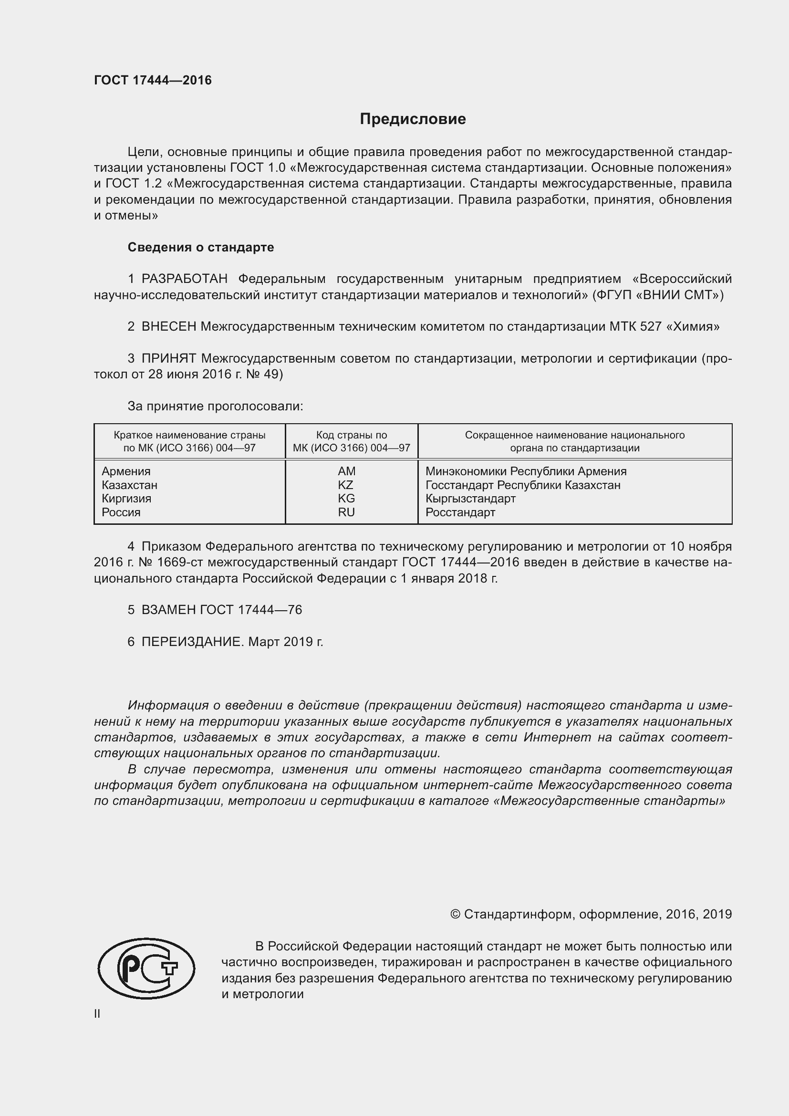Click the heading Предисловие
click(x=413, y=119)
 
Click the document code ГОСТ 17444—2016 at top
click(x=153, y=80)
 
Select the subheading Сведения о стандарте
click(x=201, y=248)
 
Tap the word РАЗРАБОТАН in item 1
click(x=184, y=279)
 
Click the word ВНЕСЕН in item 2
click(x=168, y=327)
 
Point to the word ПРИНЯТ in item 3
click(x=168, y=359)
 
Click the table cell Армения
click(x=126, y=471)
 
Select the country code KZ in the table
click(x=346, y=485)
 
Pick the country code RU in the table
click(x=346, y=512)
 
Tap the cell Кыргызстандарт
click(x=470, y=498)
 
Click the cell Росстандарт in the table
click(x=460, y=512)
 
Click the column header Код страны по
click(x=351, y=435)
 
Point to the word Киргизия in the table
click(x=126, y=498)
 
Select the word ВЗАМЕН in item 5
click(x=168, y=610)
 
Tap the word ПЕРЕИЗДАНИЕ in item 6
click(x=191, y=642)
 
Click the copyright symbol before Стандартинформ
click(x=455, y=914)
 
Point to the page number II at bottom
click(x=97, y=1014)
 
